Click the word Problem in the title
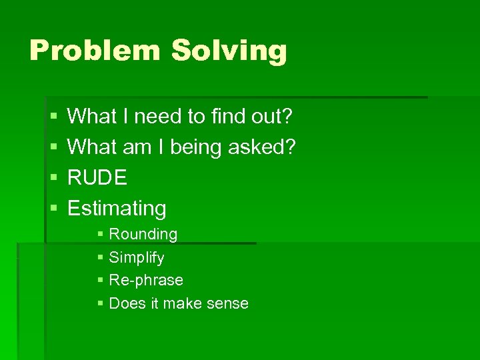tap(95, 51)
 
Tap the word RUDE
tap(97, 178)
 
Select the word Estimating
tap(117, 209)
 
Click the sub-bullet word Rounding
tap(143, 235)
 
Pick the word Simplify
tap(137, 258)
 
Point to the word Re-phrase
tap(146, 281)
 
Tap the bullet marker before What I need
tap(54, 117)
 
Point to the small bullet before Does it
tap(100, 304)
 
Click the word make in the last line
tap(180, 304)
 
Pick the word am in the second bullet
tap(137, 147)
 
